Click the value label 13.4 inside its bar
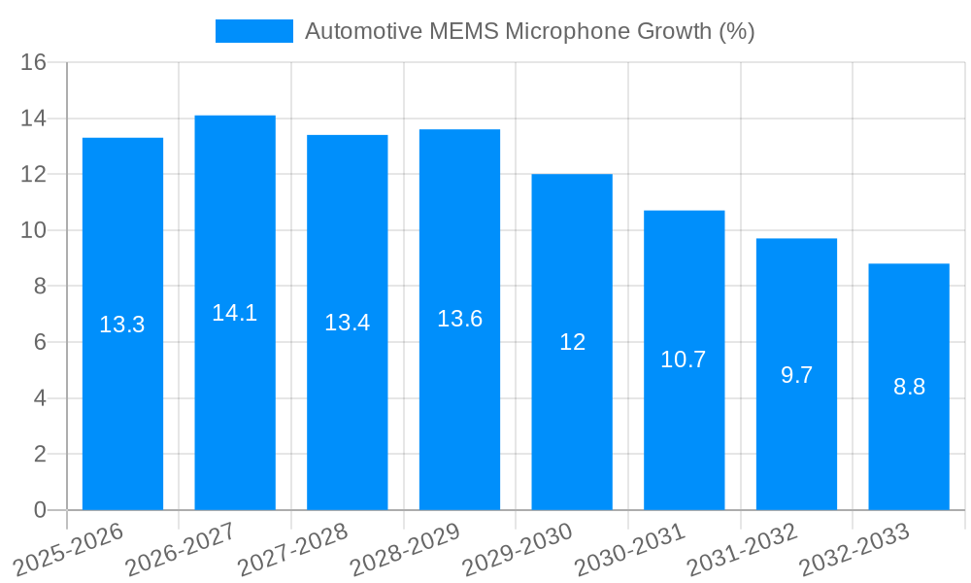(x=348, y=323)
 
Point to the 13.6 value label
(x=459, y=319)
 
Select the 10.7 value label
(x=684, y=360)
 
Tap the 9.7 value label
(x=796, y=375)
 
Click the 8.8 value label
(x=909, y=387)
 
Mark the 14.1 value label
(x=235, y=313)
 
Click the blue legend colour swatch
(x=253, y=31)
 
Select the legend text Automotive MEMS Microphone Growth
(x=529, y=31)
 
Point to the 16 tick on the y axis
(x=34, y=62)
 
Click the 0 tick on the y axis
(x=40, y=510)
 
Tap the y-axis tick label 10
(x=34, y=230)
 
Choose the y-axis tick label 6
(x=40, y=342)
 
